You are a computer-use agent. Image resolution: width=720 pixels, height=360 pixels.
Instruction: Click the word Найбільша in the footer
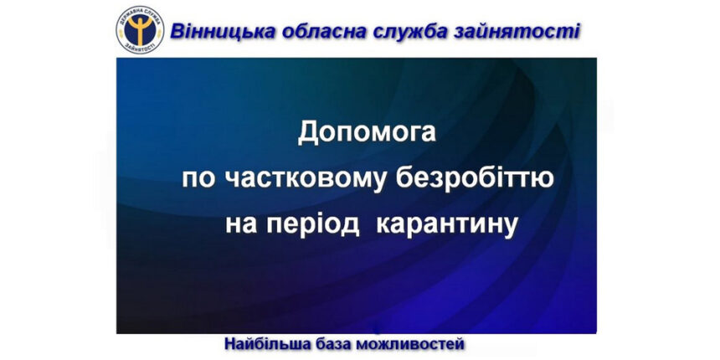(265, 343)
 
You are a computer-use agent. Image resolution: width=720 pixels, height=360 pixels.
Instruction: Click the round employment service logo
(139, 29)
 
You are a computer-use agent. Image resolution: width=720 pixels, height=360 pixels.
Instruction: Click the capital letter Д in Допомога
(309, 135)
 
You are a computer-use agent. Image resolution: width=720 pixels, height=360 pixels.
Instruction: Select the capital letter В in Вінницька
(177, 31)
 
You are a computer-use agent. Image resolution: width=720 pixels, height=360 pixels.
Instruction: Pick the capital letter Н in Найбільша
(230, 343)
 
